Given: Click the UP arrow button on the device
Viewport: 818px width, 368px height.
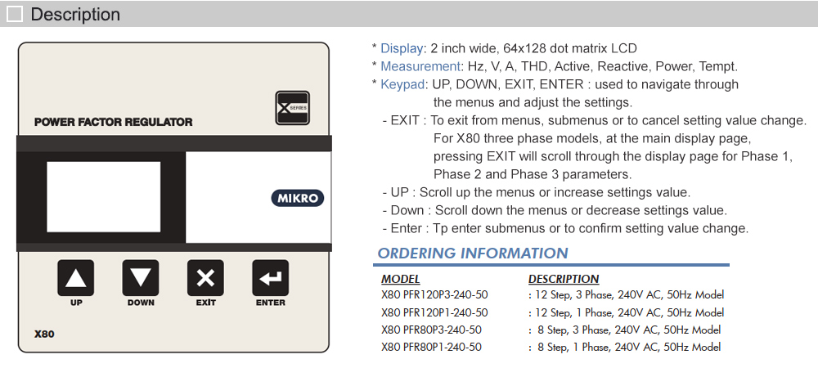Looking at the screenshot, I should (75, 278).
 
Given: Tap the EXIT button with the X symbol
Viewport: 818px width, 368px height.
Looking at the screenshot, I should (205, 278).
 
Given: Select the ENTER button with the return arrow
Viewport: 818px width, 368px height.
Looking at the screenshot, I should (270, 278).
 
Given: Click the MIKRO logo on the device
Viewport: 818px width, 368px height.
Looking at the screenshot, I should (297, 198).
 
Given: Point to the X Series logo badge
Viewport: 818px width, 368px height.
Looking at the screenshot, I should (292, 109).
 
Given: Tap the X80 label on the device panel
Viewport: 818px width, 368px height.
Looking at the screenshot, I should (44, 334).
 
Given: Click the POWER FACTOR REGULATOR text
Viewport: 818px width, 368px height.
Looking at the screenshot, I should (114, 122).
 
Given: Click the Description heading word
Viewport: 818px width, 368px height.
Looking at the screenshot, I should (75, 14).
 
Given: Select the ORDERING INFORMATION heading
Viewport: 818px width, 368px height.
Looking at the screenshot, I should (473, 254).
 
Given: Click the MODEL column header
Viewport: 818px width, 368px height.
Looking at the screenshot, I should (401, 280).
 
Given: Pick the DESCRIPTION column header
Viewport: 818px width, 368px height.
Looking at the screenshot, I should (564, 280).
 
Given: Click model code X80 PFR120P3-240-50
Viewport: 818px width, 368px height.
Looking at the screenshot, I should (434, 294).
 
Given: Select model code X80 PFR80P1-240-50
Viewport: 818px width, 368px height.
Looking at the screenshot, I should (431, 347).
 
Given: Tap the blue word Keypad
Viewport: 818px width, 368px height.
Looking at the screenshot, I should (402, 84).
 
